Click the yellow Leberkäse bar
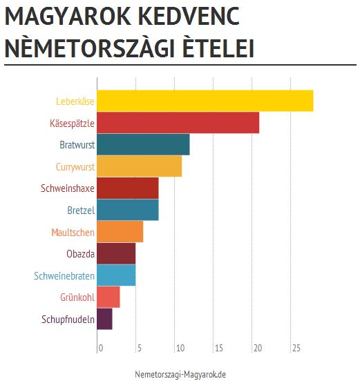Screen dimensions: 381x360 205,101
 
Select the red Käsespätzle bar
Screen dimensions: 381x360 178,123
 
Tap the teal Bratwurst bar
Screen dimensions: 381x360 143,144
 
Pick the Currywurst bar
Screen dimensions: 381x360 139,166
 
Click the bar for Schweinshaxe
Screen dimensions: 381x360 127,188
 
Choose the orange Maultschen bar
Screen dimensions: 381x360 120,232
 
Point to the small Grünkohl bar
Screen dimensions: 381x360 108,297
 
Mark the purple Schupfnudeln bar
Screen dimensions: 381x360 104,319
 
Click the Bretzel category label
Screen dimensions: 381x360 81,210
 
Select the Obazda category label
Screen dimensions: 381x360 80,254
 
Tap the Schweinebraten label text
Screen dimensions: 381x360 64,276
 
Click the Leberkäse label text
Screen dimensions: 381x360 75,101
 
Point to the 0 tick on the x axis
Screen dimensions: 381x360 101,348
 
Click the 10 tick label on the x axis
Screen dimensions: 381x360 178,348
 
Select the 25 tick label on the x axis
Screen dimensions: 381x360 295,348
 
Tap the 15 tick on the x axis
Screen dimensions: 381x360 218,348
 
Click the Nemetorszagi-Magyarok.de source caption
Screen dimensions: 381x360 180,373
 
